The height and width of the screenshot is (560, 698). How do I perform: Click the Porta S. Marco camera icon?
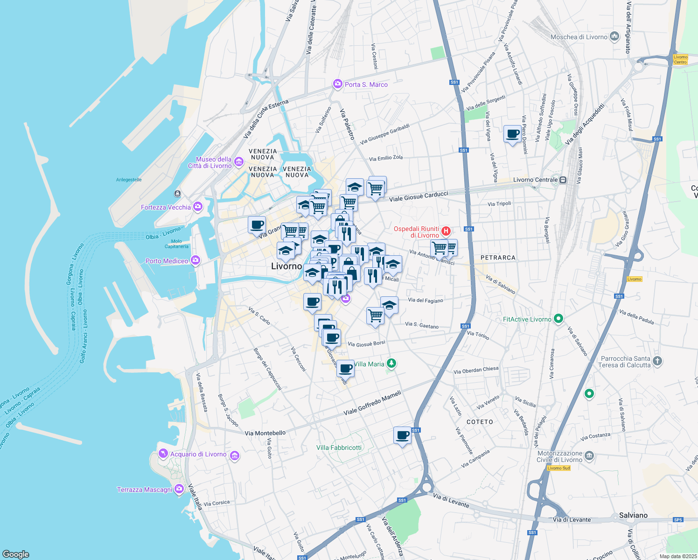click(337, 84)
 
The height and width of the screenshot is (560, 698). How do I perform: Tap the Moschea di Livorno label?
click(579, 37)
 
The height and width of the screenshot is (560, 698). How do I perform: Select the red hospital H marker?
click(446, 231)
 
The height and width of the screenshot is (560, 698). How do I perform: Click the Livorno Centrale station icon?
click(563, 180)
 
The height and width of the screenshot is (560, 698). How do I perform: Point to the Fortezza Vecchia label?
click(166, 207)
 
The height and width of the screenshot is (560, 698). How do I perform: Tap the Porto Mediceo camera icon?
click(195, 260)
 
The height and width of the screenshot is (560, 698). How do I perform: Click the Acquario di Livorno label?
click(198, 454)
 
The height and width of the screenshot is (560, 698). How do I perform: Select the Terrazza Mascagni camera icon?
click(179, 489)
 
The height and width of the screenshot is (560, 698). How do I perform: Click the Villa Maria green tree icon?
click(391, 364)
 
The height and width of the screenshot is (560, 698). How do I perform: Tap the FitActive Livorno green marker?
click(558, 319)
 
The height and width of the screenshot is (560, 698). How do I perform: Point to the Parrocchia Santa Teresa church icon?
click(657, 361)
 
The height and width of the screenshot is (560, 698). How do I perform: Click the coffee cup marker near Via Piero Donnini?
click(513, 134)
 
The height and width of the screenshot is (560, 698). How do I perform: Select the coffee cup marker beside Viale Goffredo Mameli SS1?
click(402, 435)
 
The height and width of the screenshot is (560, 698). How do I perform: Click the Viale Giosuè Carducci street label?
click(419, 196)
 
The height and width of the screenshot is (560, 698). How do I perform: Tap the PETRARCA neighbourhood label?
click(498, 258)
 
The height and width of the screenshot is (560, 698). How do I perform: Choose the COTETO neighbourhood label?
click(480, 422)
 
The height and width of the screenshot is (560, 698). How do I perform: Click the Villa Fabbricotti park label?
click(339, 448)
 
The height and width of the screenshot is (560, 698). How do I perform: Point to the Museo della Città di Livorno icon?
click(239, 162)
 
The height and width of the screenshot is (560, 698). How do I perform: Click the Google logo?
click(16, 554)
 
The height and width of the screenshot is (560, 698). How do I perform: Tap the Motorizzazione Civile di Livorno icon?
click(589, 455)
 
